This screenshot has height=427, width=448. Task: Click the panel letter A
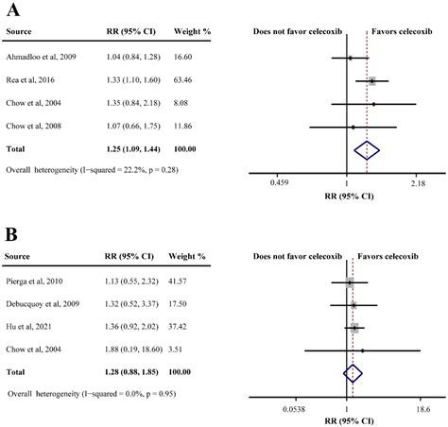13,9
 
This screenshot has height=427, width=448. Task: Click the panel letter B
11,234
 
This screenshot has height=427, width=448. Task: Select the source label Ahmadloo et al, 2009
41,57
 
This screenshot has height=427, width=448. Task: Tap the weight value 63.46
182,80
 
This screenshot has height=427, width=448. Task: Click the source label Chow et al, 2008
33,126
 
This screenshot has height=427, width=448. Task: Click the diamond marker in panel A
367,150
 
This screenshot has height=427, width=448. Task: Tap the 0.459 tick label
279,183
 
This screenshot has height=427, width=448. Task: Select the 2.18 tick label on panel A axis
418,183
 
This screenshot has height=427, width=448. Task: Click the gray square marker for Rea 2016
372,81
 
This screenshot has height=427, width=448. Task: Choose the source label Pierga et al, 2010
34,281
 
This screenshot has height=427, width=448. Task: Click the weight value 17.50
178,304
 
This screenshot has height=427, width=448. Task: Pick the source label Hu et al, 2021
28,327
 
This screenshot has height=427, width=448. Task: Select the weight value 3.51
175,350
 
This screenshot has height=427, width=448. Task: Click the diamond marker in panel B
353,373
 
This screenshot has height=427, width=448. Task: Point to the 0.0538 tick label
294,409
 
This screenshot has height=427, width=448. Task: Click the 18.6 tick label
422,409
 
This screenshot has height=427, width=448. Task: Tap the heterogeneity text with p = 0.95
92,394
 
